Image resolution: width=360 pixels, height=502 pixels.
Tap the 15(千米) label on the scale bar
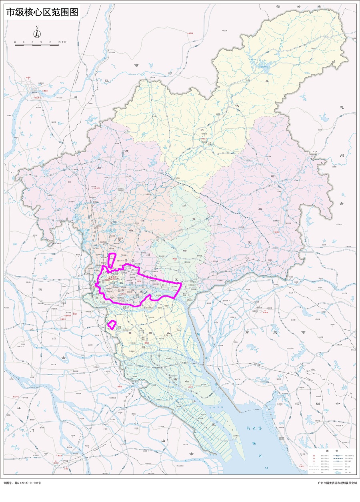tap(62, 42)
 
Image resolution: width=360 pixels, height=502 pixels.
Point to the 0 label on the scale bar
tap(15, 42)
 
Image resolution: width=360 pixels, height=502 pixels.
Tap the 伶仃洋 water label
tap(254, 428)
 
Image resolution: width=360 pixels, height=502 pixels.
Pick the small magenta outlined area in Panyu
tap(112, 325)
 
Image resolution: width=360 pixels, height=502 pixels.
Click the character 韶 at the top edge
tap(278, 7)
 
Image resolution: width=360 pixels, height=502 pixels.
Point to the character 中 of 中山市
tap(136, 423)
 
